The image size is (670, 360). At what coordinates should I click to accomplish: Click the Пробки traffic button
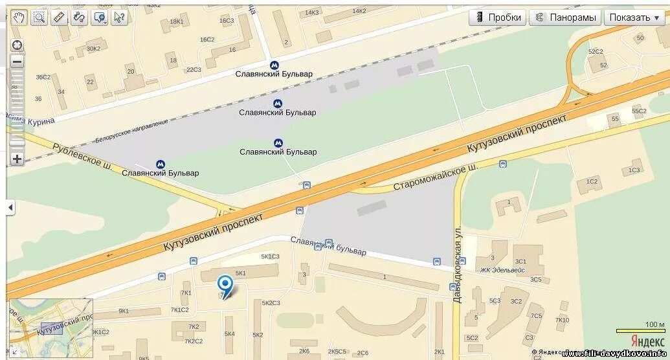tap(497, 17)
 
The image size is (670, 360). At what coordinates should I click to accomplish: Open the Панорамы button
tap(565, 17)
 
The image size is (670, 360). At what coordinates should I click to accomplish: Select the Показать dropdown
tap(634, 17)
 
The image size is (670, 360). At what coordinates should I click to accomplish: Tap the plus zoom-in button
tap(17, 159)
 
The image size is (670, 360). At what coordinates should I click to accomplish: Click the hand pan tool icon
tap(19, 17)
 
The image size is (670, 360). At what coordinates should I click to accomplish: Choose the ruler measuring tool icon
tap(59, 17)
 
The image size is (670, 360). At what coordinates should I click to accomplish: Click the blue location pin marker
tap(225, 286)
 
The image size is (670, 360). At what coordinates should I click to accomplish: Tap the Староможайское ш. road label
tap(436, 177)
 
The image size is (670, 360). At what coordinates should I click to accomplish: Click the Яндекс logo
tap(647, 342)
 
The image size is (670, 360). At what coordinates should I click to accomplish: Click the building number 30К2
tap(93, 48)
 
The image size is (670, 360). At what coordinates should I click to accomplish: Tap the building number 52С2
tap(596, 51)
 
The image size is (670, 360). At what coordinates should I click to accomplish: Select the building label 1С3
tap(634, 170)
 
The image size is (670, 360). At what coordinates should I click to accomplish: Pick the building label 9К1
tap(124, 311)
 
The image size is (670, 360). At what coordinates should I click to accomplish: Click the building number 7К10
tap(562, 320)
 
